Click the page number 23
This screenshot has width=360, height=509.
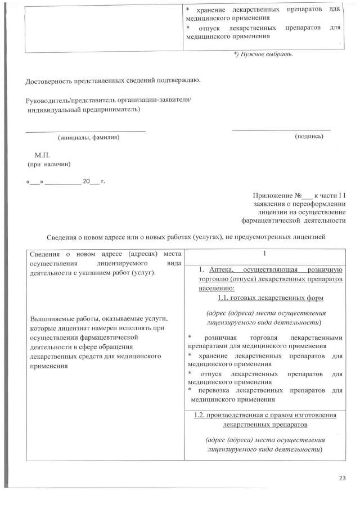pos(342,478)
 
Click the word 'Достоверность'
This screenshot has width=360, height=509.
pos(49,82)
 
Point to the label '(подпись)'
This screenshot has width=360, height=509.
pos(309,137)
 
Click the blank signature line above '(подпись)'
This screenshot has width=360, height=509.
pos(281,130)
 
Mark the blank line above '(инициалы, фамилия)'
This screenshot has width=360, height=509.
pos(85,131)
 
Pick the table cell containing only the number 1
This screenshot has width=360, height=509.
pos(264,255)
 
